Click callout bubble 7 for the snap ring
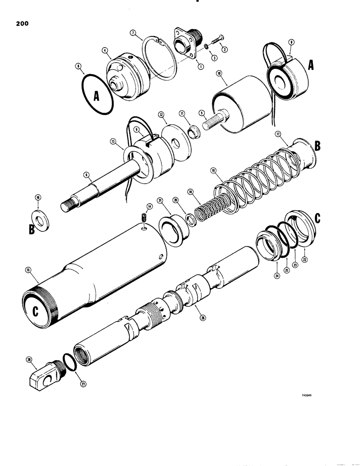click(x=133, y=33)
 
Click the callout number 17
click(x=278, y=134)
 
